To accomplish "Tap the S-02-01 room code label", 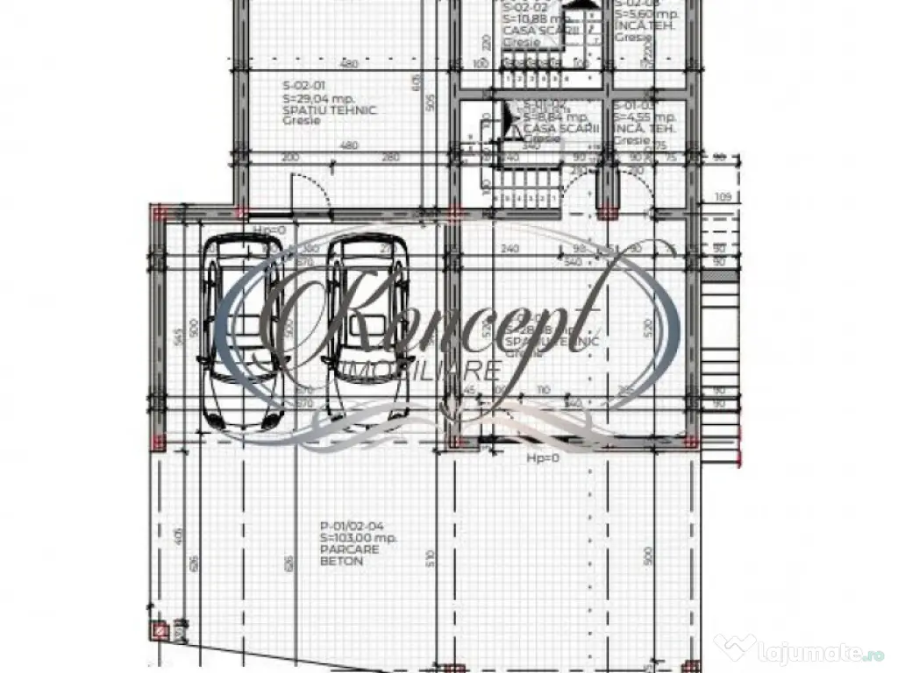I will click(x=302, y=86).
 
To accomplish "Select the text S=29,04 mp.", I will click(x=315, y=99).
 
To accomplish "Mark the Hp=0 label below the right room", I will click(x=543, y=458).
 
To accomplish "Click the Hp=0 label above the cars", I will click(x=269, y=230).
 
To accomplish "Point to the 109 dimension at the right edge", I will click(x=723, y=197).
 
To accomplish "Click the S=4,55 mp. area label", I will click(x=645, y=117).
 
